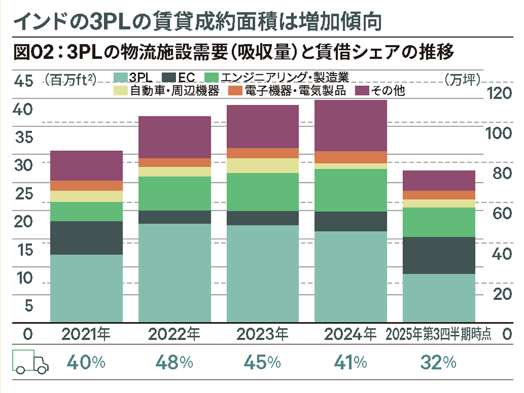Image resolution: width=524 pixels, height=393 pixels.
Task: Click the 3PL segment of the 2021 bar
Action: [86, 288]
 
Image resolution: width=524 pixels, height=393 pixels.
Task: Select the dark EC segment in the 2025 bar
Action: [439, 255]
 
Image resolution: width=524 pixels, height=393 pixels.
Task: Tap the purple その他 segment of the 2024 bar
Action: [350, 125]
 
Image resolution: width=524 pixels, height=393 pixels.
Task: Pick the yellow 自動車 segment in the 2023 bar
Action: [263, 166]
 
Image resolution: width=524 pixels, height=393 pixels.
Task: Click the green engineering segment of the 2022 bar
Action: [174, 193]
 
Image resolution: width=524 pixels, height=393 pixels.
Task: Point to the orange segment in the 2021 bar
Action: [86, 185]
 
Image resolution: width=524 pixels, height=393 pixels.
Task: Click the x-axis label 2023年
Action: [263, 334]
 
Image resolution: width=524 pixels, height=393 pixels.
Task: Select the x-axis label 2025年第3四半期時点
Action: [439, 334]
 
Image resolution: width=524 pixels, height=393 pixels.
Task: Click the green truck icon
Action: [30, 362]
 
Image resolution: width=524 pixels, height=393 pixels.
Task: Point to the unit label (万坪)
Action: [464, 79]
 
